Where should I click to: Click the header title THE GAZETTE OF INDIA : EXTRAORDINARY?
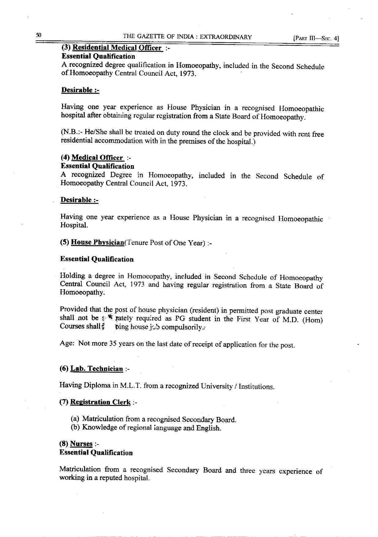187,37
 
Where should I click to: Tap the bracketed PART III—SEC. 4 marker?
316,39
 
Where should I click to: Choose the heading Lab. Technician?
97,369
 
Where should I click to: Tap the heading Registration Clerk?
100,402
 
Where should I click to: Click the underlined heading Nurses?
81,444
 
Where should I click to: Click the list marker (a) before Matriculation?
75,419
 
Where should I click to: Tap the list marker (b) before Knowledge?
76,427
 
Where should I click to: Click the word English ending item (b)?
208,428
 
